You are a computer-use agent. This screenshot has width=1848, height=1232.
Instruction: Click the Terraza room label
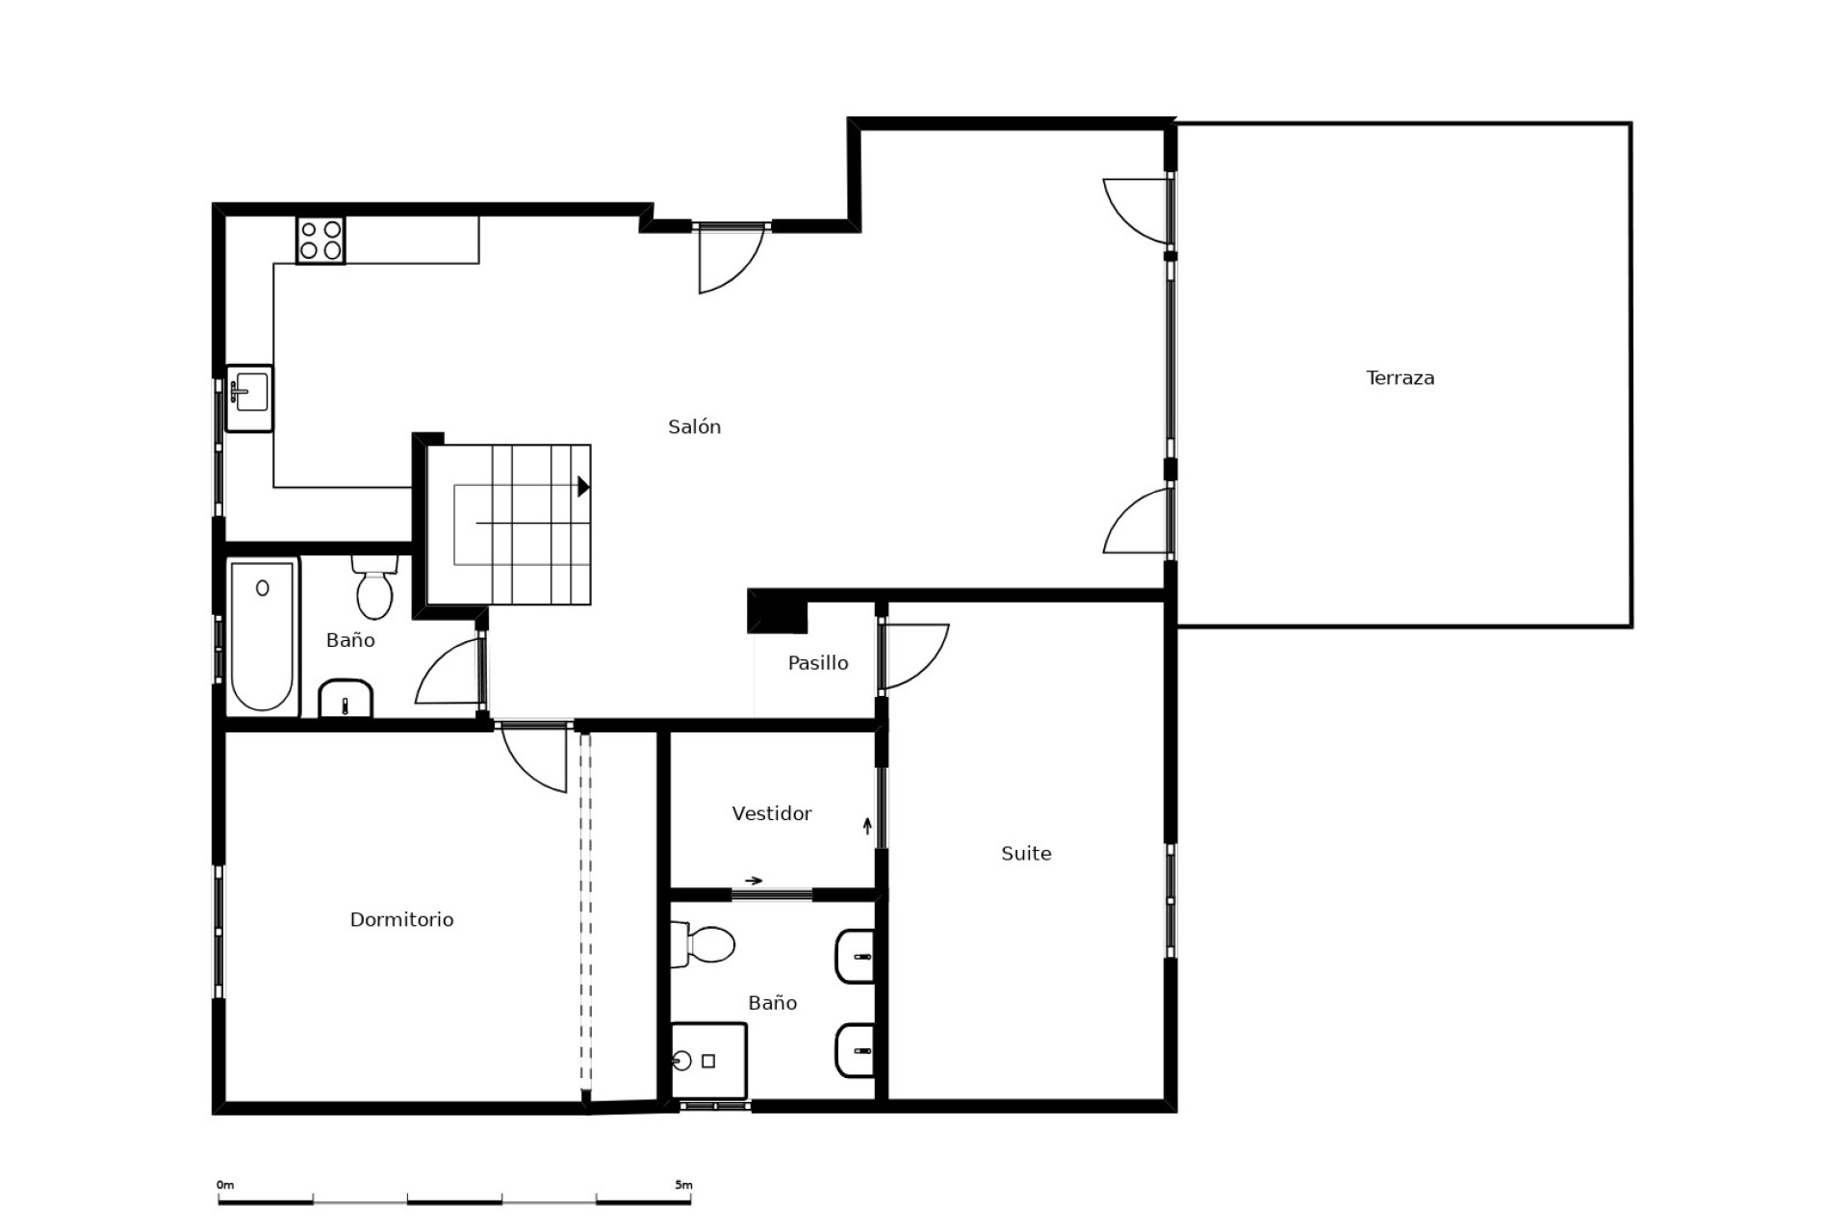pos(1399,378)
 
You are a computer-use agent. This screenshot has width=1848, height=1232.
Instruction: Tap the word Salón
pos(694,426)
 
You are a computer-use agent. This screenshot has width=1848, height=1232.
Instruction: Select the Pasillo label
pos(817,662)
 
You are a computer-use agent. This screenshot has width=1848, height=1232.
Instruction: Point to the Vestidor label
pos(771,813)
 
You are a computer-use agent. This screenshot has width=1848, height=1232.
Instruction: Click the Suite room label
pos(1025,853)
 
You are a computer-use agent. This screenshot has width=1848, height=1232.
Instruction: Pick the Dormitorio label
pos(401,919)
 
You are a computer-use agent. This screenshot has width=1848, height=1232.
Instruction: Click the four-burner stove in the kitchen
pos(321,240)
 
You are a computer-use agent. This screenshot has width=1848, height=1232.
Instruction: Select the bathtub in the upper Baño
pos(262,635)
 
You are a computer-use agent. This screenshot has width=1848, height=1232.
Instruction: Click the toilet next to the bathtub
pos(374,588)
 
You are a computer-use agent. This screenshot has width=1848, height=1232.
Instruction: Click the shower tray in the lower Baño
pos(709,1060)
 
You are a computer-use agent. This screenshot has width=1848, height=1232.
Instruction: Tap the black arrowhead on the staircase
pos(583,487)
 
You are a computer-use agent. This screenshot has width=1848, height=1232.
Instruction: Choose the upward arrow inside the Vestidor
pos(867,825)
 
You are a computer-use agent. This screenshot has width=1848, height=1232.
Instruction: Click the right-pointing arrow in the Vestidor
pos(754,880)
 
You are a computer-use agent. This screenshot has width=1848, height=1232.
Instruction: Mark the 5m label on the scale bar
pos(683,1185)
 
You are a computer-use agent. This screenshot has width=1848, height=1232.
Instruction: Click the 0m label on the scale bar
pos(225,1185)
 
